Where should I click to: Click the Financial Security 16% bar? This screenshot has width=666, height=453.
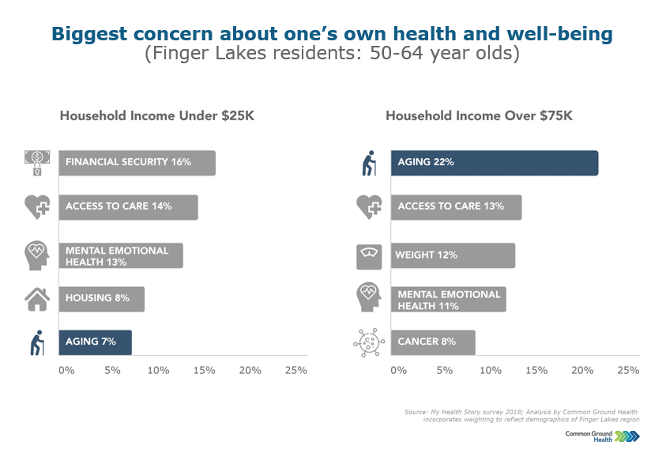click(x=137, y=163)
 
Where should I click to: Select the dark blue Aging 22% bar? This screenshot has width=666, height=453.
click(x=495, y=163)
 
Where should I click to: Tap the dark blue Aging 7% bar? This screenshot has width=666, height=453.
click(x=94, y=342)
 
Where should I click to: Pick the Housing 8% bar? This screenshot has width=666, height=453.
click(x=101, y=299)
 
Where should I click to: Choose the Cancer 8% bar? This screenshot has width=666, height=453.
click(x=433, y=342)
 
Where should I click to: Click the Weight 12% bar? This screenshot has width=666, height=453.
click(x=453, y=255)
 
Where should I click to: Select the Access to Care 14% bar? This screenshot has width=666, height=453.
click(x=128, y=207)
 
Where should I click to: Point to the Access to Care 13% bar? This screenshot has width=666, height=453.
click(x=456, y=207)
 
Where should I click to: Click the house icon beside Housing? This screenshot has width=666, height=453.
click(x=37, y=299)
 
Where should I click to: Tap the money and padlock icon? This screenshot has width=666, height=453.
click(x=37, y=163)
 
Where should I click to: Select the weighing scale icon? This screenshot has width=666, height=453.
click(x=368, y=255)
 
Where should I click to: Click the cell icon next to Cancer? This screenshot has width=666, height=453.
click(x=368, y=343)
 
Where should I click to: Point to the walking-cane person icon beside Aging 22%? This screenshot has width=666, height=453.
click(x=369, y=164)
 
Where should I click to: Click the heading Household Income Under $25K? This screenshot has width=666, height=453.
click(x=157, y=116)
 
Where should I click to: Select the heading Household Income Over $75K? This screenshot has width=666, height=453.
click(x=479, y=116)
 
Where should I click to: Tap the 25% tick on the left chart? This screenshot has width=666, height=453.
click(x=295, y=370)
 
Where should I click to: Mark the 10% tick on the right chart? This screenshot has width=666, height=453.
click(x=491, y=370)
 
